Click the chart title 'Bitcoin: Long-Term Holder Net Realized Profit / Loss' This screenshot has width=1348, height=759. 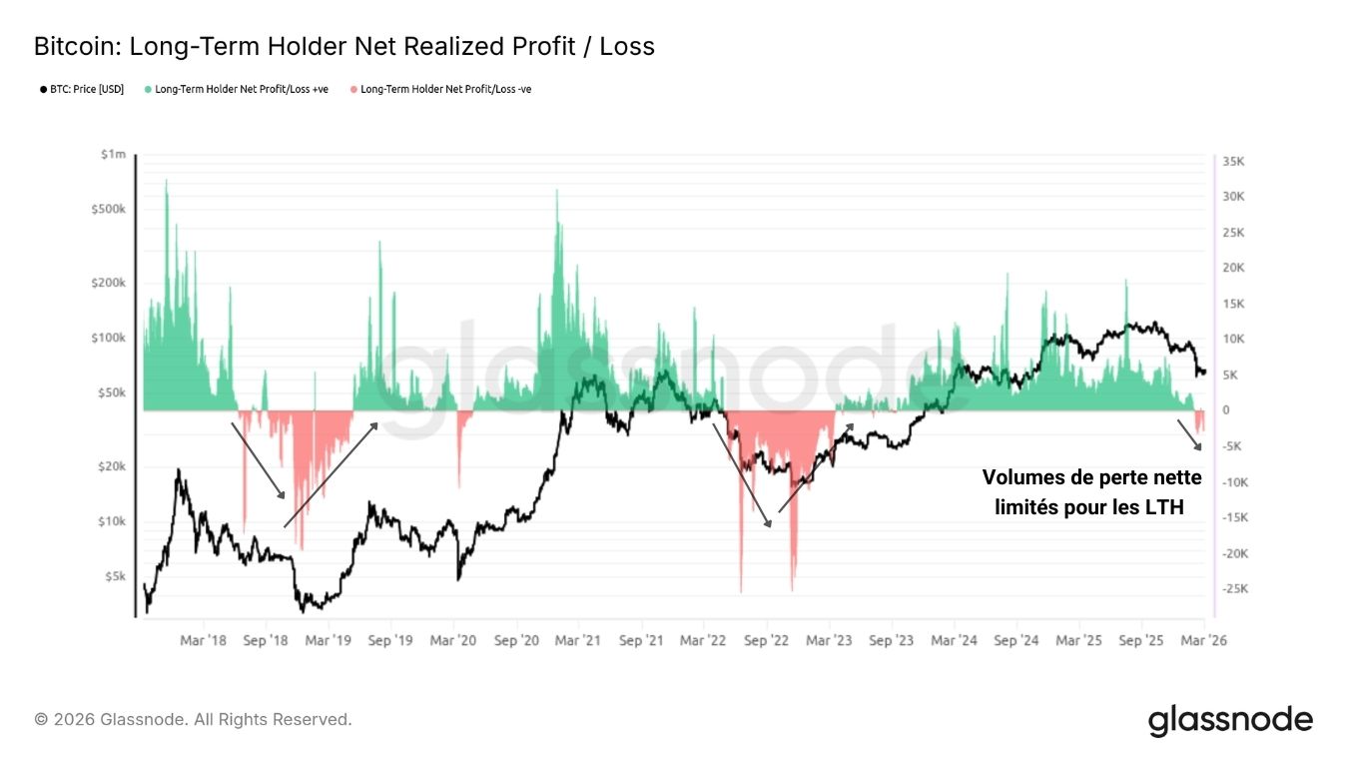tap(344, 46)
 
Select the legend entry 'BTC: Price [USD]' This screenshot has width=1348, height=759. tap(83, 89)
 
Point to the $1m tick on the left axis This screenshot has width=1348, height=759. tap(113, 155)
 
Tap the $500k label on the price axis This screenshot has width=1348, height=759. tap(108, 210)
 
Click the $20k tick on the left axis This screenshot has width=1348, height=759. tap(111, 466)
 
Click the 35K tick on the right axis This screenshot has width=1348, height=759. tap(1232, 162)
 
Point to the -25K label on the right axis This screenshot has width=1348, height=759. tap(1234, 589)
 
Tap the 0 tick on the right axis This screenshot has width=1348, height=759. tap(1226, 410)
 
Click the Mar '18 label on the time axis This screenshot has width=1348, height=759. tap(204, 640)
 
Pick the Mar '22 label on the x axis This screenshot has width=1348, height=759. tap(703, 640)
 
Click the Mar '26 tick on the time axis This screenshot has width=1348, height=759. tap(1203, 640)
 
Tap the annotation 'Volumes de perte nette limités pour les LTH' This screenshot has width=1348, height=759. tap(1091, 492)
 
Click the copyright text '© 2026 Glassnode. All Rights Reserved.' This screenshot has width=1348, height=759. tap(193, 719)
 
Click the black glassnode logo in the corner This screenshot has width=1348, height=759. tap(1230, 720)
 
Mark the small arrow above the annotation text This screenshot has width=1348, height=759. tap(1189, 434)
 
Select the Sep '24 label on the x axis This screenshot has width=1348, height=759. tap(1016, 640)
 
